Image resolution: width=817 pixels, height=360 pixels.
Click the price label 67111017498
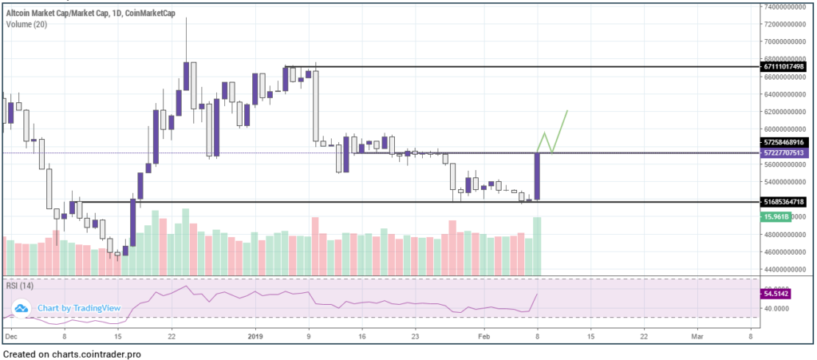tap(785, 66)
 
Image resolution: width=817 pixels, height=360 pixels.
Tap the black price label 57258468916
tap(785, 140)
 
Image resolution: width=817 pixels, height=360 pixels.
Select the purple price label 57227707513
tap(785, 152)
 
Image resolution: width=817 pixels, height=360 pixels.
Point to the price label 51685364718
tap(785, 202)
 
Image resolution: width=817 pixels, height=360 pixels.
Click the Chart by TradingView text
tap(78, 308)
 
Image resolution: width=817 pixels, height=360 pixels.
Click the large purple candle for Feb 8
tap(538, 176)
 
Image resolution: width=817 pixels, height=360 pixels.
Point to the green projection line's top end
tap(568, 110)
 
